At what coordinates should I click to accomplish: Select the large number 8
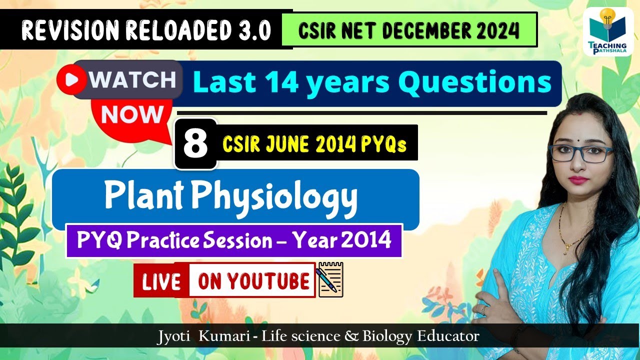pyautogui.click(x=195, y=143)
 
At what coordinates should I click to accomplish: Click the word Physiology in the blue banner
pyautogui.click(x=275, y=196)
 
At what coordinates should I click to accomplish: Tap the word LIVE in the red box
pyautogui.click(x=161, y=282)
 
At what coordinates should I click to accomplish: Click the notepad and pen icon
pyautogui.click(x=330, y=279)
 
